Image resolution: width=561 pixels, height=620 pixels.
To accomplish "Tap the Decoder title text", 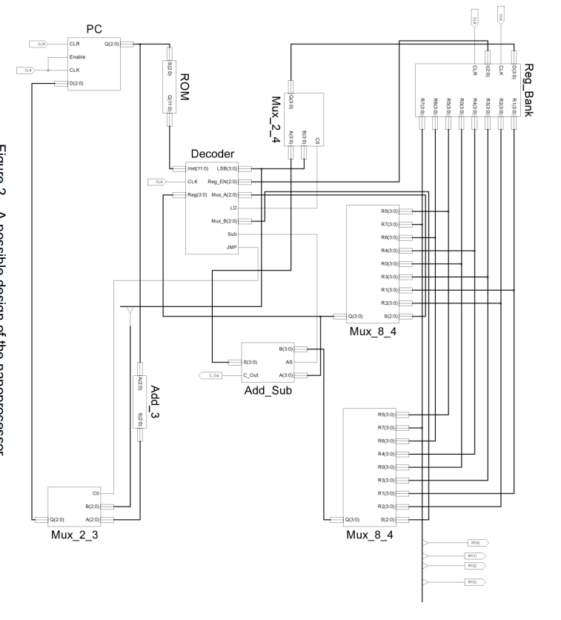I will point(213,154).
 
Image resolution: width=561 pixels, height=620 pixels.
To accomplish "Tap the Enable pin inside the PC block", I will point(78,57).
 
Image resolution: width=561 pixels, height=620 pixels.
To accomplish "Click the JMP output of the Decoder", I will point(230,248).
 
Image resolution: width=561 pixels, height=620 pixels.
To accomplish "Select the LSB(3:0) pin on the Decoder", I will point(226,168).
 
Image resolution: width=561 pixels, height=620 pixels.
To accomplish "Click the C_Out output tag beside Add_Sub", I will point(212,376).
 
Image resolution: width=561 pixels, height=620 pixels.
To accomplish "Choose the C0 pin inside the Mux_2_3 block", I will point(107,493).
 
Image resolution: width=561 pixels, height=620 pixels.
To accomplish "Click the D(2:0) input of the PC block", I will point(76,83).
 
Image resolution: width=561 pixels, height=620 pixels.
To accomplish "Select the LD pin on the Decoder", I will point(233,208).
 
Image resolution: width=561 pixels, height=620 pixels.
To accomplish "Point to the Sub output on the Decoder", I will point(232,234).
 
